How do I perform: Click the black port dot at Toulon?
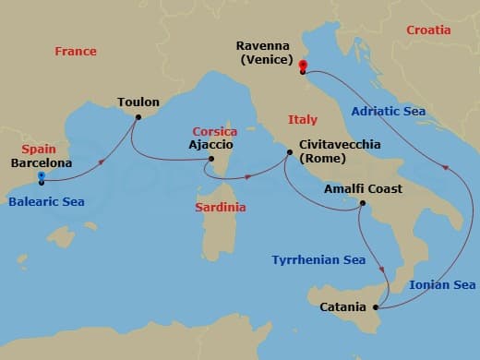(138, 117)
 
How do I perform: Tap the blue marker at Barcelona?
(42, 175)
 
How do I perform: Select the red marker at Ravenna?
(302, 66)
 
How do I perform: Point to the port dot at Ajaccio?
(210, 159)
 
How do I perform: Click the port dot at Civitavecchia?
(287, 158)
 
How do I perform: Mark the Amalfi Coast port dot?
(363, 204)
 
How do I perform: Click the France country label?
(76, 52)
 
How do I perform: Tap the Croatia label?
(428, 30)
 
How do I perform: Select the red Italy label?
(302, 120)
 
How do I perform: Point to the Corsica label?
(214, 132)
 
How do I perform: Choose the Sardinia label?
(221, 208)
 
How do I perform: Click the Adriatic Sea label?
(389, 112)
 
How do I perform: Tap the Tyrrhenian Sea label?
(318, 260)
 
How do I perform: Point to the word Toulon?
(138, 102)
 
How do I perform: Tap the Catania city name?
(343, 306)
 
